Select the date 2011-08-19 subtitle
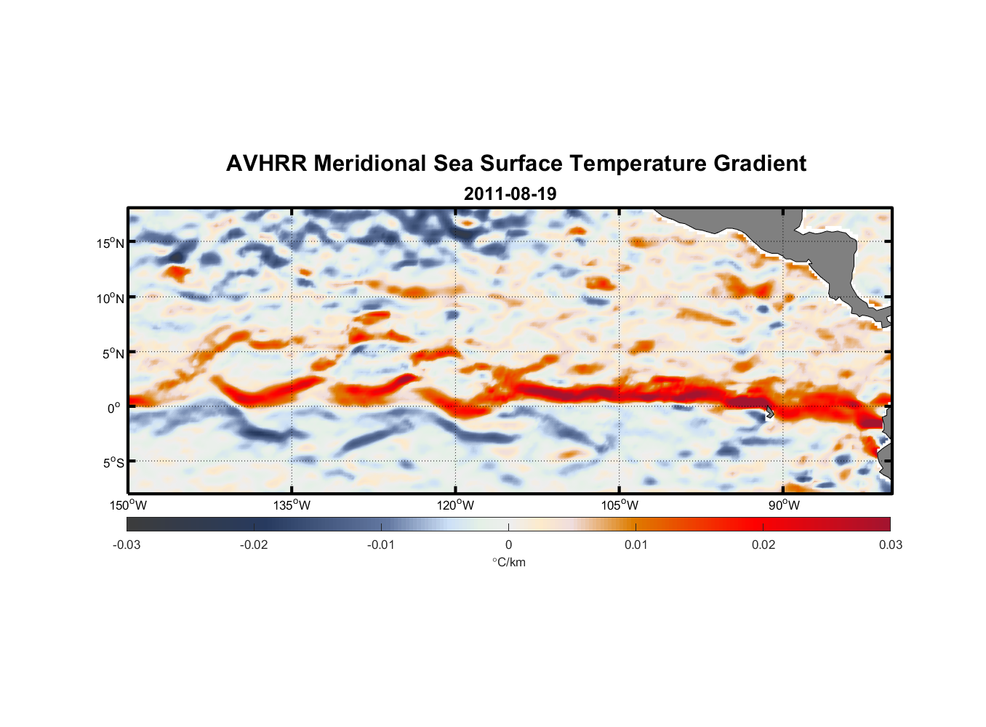510,194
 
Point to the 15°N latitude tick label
111,243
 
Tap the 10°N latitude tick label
111,298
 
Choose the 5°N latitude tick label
113,353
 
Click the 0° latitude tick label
114,408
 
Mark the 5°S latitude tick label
113,462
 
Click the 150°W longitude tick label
128,505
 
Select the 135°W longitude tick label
292,505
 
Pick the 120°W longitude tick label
455,505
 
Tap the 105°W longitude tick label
620,505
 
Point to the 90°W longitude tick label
784,505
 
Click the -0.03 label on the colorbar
127,545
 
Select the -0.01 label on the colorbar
381,545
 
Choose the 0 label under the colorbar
508,545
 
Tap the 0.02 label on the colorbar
763,545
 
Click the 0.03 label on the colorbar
890,545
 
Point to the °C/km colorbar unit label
508,562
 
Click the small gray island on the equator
769,412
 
